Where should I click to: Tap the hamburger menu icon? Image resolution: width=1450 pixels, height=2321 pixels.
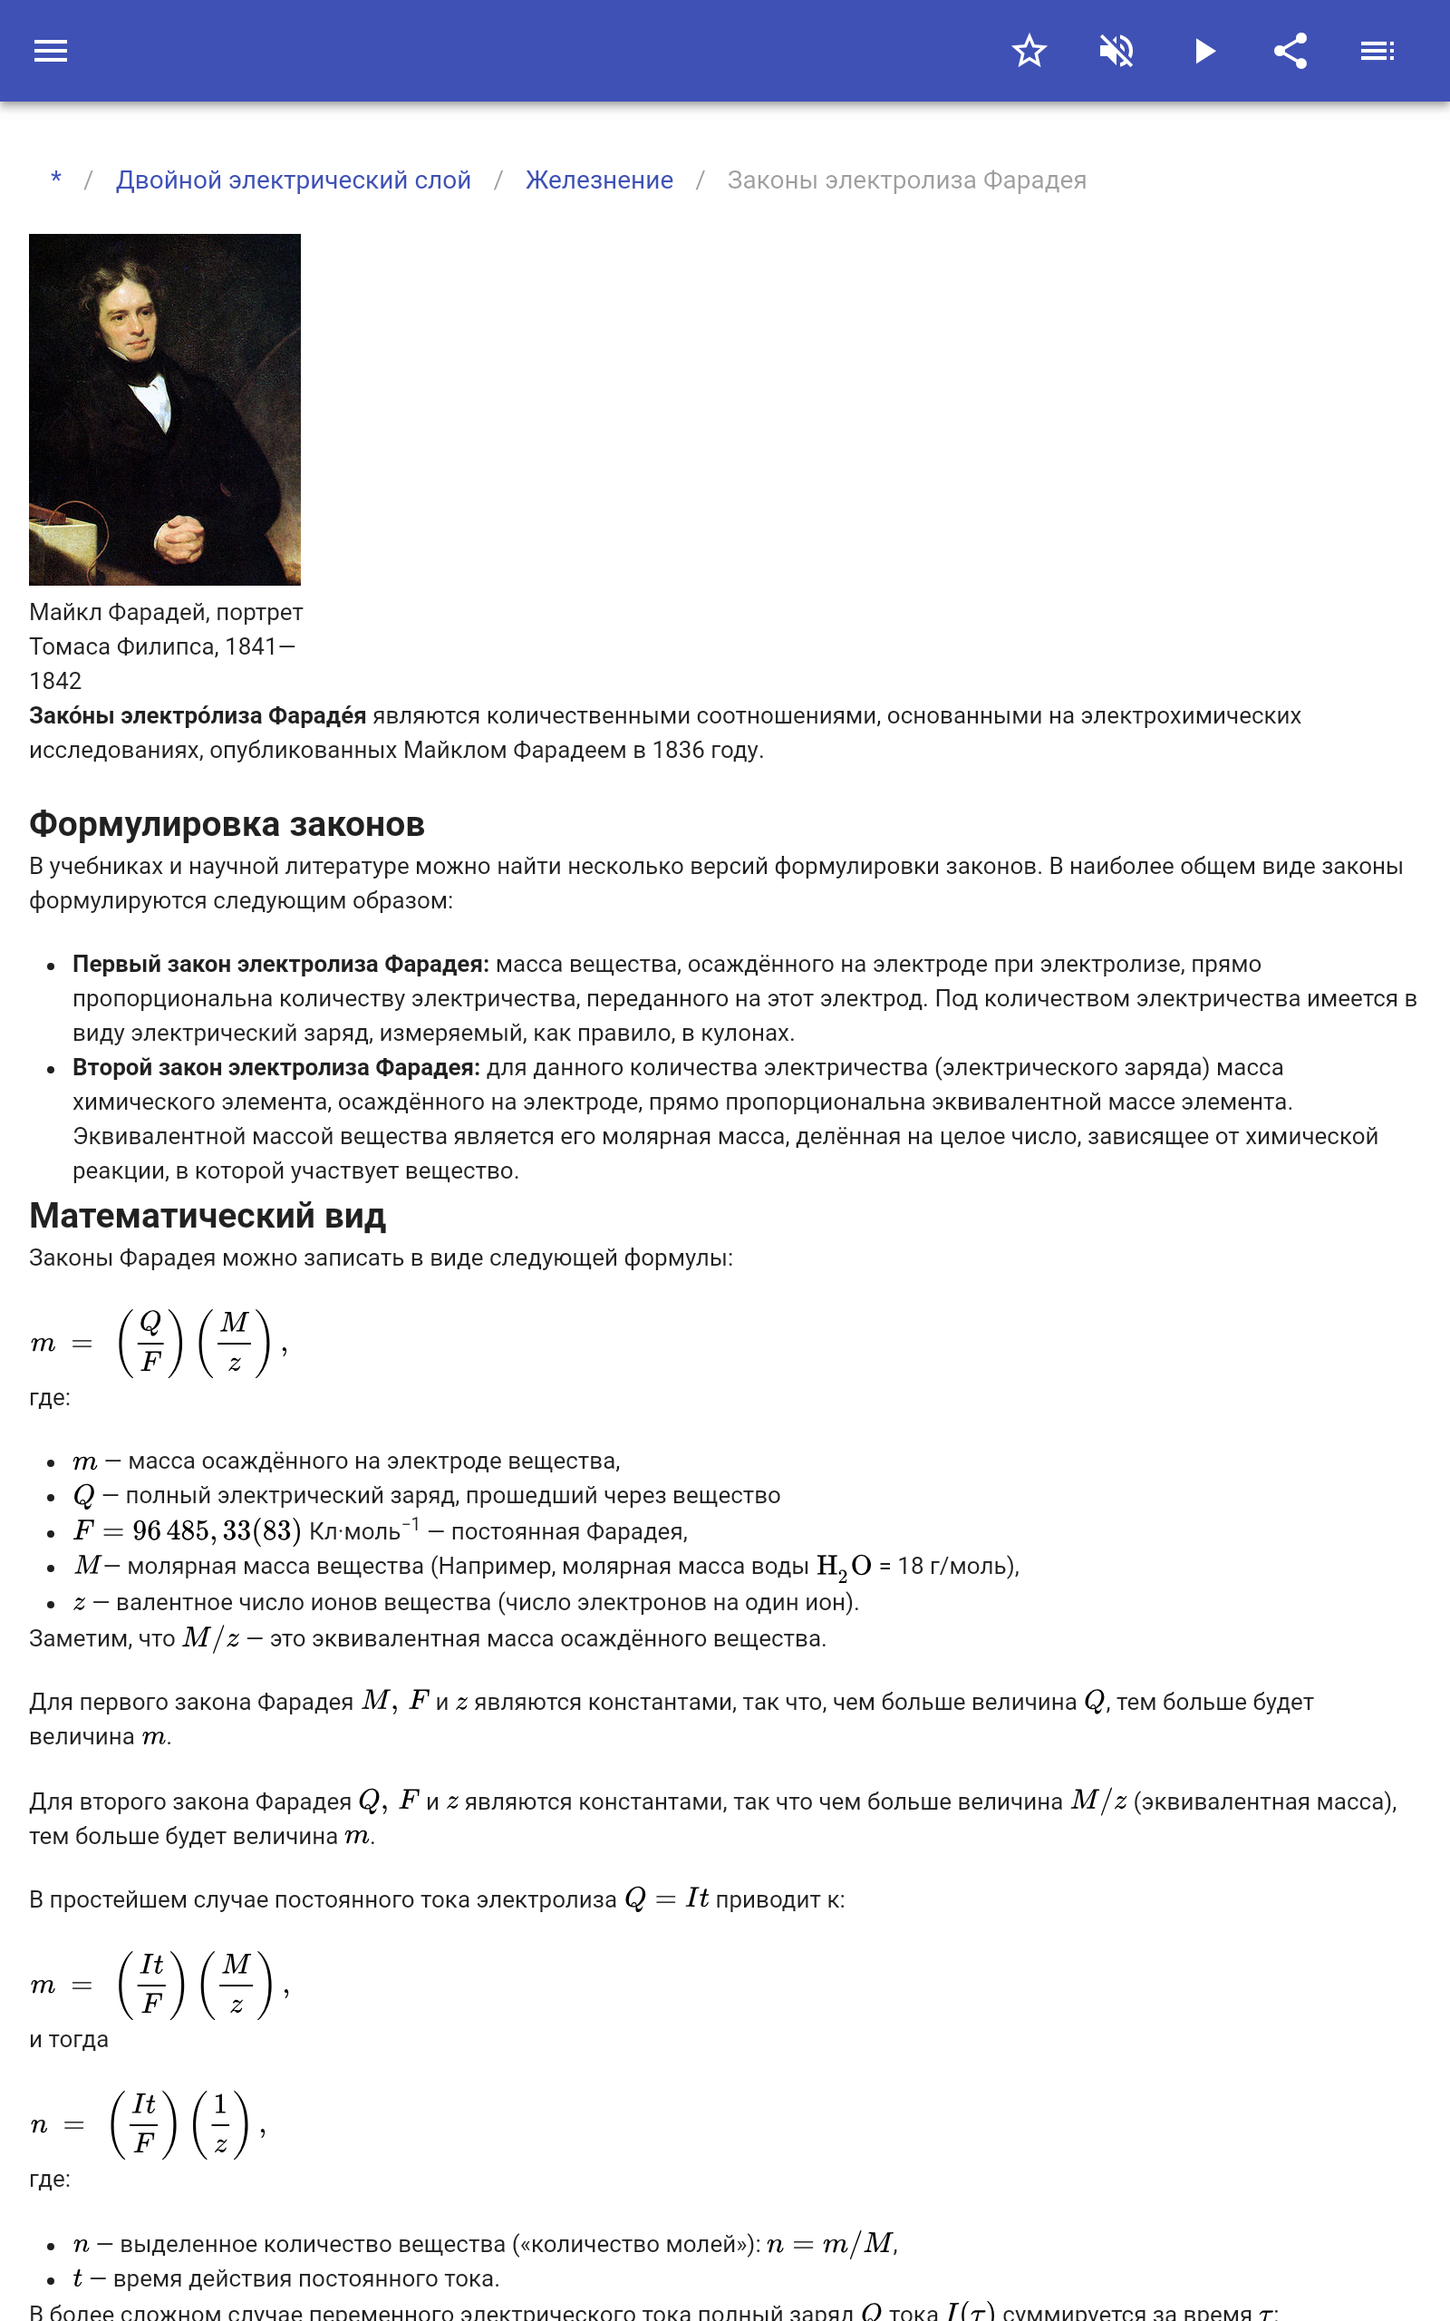[x=51, y=51]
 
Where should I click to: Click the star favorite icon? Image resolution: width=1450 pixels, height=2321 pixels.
[x=1029, y=51]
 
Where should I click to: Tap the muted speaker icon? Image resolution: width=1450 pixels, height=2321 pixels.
[x=1116, y=51]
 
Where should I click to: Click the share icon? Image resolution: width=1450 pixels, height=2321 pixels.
[x=1290, y=51]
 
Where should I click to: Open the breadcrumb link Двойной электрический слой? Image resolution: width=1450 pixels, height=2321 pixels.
[x=293, y=180]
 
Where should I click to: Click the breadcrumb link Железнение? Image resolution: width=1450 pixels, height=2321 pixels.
[x=598, y=180]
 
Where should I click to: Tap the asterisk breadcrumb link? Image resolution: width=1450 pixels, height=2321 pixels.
[x=56, y=180]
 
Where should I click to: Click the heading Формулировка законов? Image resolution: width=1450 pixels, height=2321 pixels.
[x=227, y=824]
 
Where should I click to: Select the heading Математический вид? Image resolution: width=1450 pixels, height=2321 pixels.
[x=208, y=1215]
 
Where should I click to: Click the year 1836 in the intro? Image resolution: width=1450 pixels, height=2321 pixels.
[x=678, y=750]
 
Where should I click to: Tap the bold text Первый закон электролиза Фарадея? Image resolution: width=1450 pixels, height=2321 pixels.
[x=280, y=964]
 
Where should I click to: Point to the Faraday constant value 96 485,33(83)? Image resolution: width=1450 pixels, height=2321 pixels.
[x=217, y=1530]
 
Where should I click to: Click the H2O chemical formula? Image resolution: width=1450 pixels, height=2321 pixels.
[x=843, y=1566]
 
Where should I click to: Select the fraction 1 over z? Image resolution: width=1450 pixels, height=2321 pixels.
[x=220, y=2123]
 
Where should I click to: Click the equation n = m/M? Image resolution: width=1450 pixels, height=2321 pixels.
[x=830, y=2243]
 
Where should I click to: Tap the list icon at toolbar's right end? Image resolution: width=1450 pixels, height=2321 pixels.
[x=1377, y=51]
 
